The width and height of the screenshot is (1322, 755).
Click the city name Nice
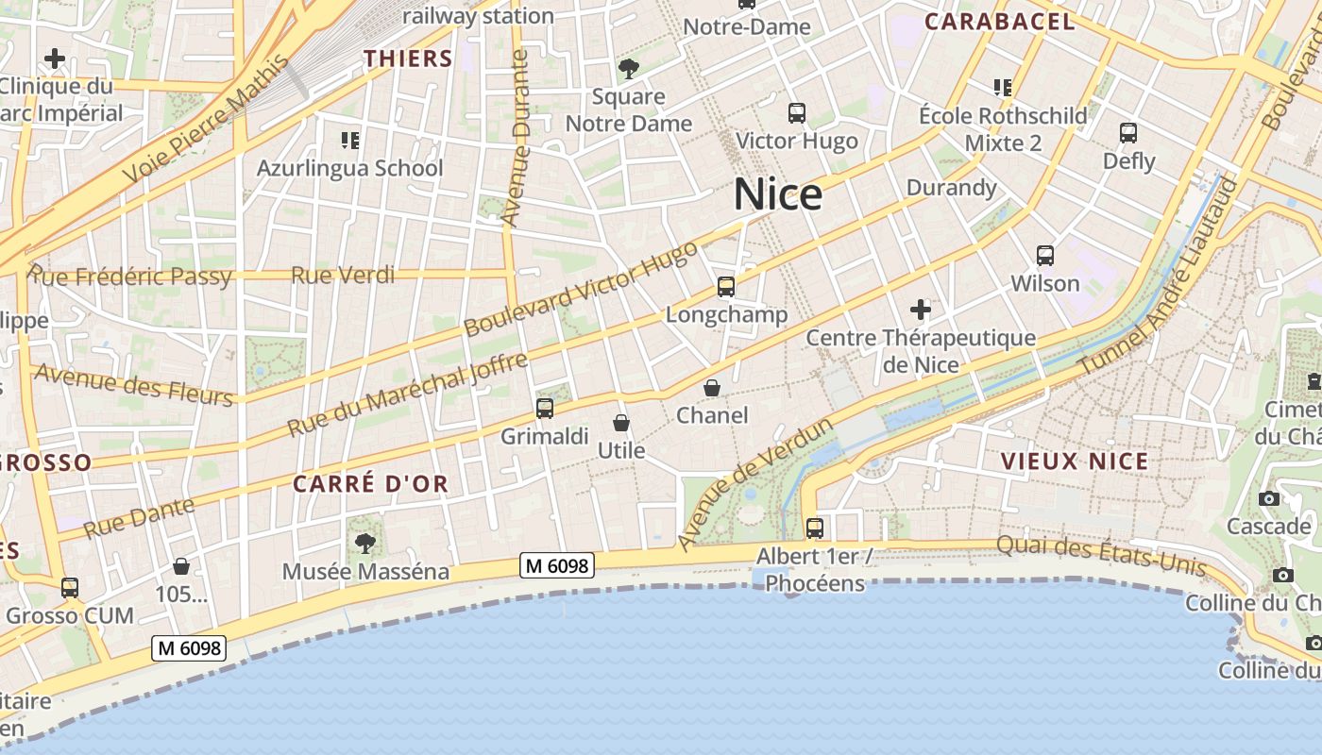pyautogui.click(x=777, y=194)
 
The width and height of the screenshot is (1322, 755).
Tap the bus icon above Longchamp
pyautogui.click(x=725, y=287)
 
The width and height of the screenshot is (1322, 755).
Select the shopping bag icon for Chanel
pyautogui.click(x=712, y=388)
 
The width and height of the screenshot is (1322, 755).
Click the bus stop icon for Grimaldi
pyautogui.click(x=544, y=409)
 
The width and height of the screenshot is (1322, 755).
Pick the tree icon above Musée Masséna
pyautogui.click(x=364, y=544)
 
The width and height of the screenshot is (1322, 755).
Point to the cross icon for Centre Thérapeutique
pyautogui.click(x=920, y=309)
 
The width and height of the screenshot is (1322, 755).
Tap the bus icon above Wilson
pyautogui.click(x=1044, y=256)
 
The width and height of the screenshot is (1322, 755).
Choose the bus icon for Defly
pyautogui.click(x=1127, y=133)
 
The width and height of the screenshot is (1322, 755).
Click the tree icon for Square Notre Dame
pyautogui.click(x=628, y=69)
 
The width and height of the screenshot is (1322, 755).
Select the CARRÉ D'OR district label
pyautogui.click(x=370, y=484)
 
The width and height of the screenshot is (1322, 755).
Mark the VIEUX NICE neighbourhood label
pyautogui.click(x=1074, y=461)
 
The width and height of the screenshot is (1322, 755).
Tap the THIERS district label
pyautogui.click(x=408, y=59)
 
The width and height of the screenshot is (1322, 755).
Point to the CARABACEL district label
pyautogui.click(x=999, y=22)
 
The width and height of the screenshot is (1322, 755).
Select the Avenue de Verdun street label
pyautogui.click(x=755, y=482)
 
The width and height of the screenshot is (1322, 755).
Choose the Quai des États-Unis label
pyautogui.click(x=1101, y=555)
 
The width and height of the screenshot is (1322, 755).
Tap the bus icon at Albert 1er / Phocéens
pyautogui.click(x=814, y=528)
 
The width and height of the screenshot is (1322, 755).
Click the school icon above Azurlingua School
pyautogui.click(x=350, y=141)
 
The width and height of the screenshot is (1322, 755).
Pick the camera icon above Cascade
pyautogui.click(x=1268, y=498)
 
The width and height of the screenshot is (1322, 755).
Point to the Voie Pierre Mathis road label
pyautogui.click(x=206, y=120)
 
